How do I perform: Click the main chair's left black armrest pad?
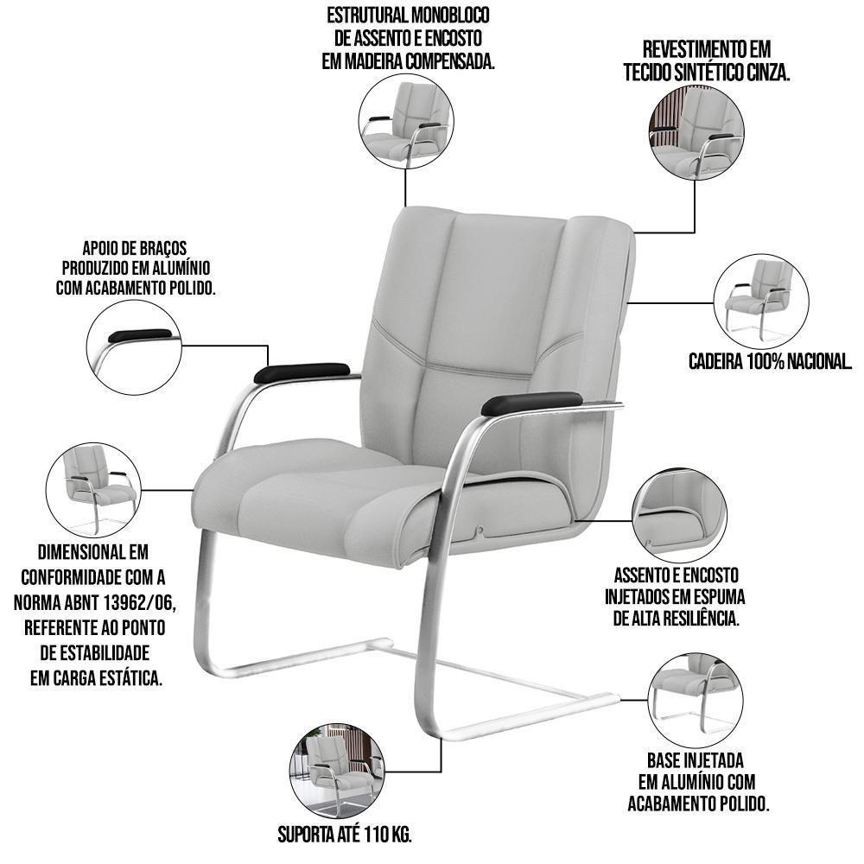point(302,372)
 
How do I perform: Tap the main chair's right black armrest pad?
point(531,403)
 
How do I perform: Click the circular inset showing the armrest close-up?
point(134,347)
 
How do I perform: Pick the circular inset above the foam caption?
point(679,515)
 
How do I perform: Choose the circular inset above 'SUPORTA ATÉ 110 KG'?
point(337,772)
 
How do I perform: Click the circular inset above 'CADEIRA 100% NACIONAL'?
point(761,302)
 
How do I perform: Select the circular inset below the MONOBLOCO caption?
point(406,122)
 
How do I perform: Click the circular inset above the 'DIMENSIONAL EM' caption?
point(93,491)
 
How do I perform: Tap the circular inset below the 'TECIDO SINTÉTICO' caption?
point(697,133)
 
